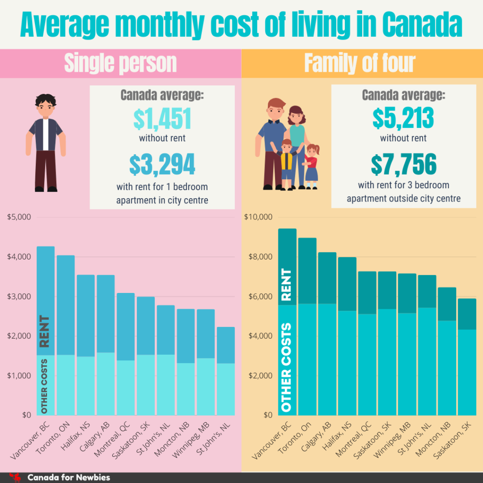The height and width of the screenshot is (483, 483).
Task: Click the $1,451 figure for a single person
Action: pos(162,119)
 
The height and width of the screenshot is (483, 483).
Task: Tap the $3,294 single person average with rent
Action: pos(162,164)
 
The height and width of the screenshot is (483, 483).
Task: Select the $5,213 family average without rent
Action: pos(404,119)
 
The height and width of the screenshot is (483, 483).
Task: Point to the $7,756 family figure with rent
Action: pos(404,164)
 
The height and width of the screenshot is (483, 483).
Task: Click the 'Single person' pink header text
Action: pos(120,63)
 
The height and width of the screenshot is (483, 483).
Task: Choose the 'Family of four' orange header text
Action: pos(359,63)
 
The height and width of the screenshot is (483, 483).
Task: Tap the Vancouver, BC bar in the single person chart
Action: pos(46,330)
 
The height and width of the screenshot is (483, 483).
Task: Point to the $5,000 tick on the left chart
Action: pos(19,217)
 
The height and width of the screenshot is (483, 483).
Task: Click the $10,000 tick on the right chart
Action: pos(258,217)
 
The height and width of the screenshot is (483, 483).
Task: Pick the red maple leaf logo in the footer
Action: pos(15,477)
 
